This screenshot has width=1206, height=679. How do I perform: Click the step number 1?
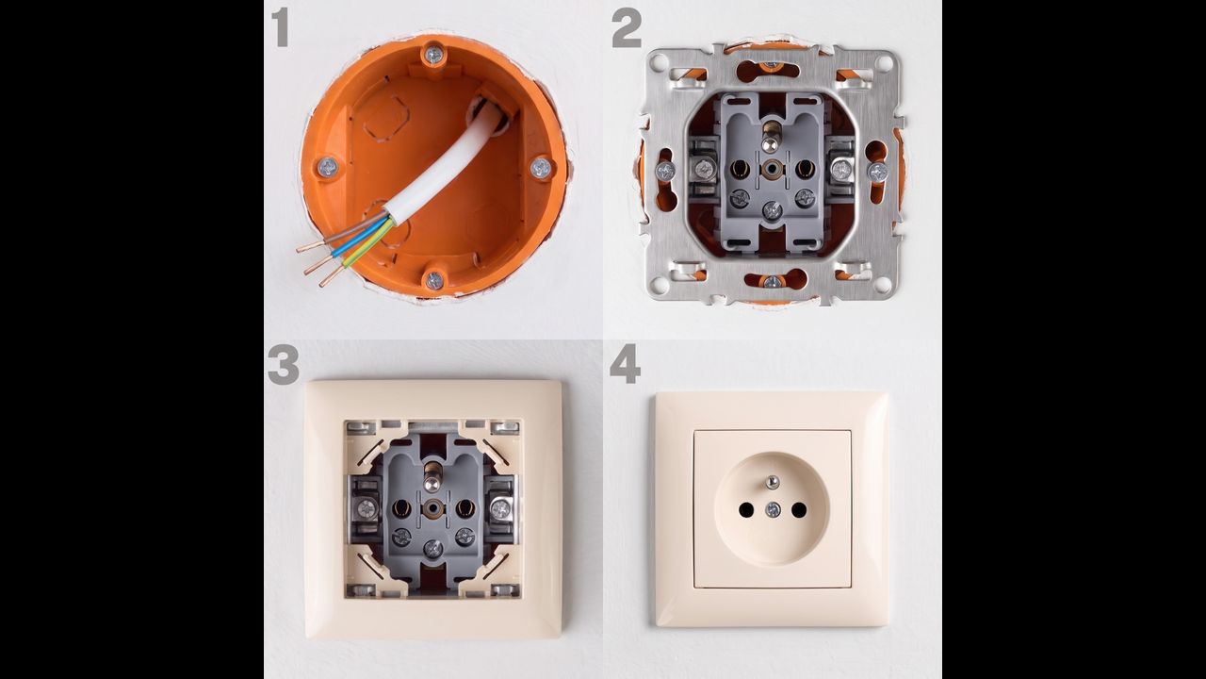(280, 27)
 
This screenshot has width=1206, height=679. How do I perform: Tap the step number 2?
(627, 29)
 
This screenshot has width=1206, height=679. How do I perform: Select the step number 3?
(284, 365)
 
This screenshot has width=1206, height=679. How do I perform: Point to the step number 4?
(625, 364)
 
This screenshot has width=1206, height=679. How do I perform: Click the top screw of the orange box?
(433, 55)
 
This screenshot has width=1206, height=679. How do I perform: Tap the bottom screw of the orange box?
(434, 280)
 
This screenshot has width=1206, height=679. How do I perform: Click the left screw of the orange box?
(327, 168)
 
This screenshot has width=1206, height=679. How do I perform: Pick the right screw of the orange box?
(541, 168)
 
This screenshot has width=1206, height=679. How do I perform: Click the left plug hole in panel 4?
(745, 510)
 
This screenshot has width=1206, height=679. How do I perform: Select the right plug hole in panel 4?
(799, 510)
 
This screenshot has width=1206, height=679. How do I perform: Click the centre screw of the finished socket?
(773, 509)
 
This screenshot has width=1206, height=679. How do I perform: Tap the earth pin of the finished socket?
(773, 482)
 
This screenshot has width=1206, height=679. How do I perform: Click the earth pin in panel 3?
(432, 476)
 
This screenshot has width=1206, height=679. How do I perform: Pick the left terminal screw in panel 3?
(367, 507)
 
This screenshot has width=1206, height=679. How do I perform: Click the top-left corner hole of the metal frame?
(657, 62)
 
